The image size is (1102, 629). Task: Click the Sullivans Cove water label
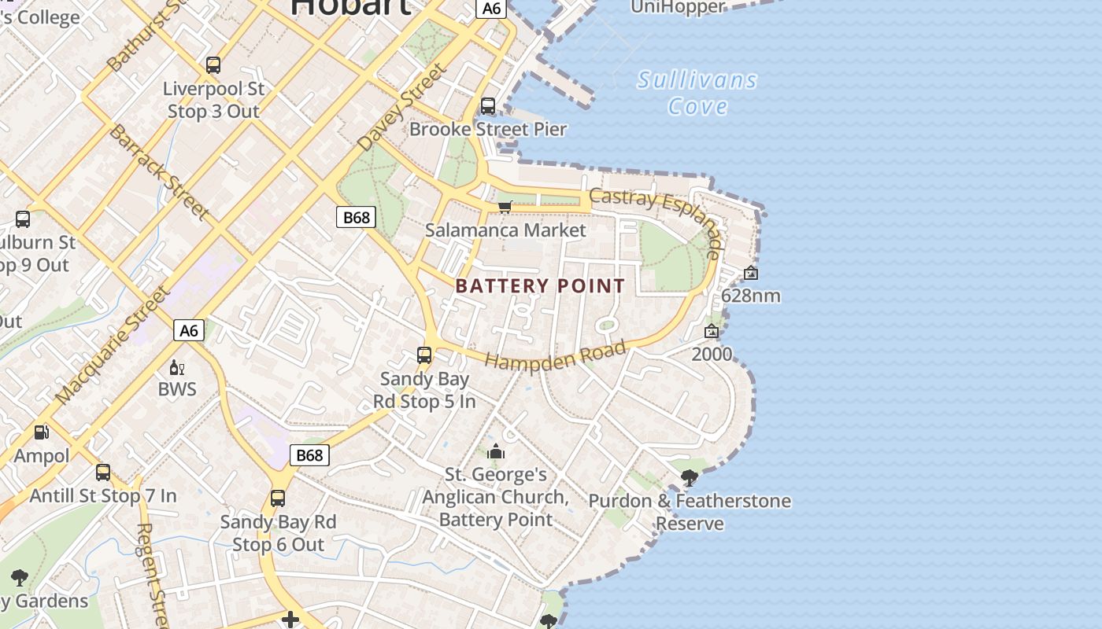(697, 93)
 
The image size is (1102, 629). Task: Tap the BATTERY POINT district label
(540, 286)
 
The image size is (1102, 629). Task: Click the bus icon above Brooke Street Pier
(488, 105)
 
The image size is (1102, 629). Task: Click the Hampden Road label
(556, 355)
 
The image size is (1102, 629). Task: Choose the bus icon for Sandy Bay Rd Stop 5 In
(424, 355)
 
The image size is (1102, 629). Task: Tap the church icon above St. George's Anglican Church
(496, 451)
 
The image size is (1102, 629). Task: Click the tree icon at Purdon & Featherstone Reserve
(690, 477)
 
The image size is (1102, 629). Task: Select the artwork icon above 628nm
(751, 273)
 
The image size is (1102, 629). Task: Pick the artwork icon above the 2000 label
(712, 331)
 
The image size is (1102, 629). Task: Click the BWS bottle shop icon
(177, 367)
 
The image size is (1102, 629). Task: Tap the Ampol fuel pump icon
(41, 432)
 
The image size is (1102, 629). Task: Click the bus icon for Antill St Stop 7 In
(103, 473)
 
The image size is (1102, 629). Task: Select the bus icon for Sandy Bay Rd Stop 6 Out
(278, 498)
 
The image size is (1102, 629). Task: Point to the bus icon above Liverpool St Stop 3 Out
(213, 65)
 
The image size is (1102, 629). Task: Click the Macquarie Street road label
(113, 347)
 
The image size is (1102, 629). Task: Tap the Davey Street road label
(401, 109)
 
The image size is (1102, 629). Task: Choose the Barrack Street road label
(158, 171)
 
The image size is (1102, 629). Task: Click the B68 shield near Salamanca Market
(356, 217)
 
